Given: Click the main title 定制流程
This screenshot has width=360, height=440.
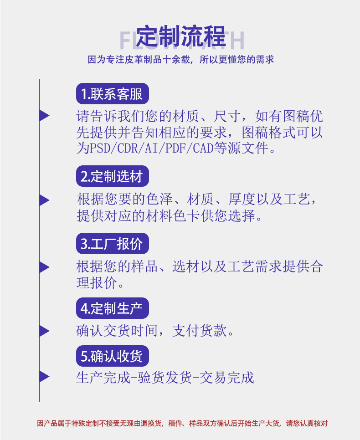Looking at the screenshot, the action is tap(180, 36).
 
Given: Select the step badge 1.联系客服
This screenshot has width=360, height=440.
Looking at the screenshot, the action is tap(112, 94).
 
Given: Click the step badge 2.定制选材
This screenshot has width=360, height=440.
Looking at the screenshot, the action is tap(112, 176).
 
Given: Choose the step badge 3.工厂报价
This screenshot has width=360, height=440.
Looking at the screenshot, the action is tap(112, 244).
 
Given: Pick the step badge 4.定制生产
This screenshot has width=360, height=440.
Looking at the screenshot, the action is tap(112, 308).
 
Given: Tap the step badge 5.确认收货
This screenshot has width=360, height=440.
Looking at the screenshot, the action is tap(112, 357).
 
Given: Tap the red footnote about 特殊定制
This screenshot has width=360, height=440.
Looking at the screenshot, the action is tap(182, 423).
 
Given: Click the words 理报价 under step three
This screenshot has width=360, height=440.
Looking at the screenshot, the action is tap(94, 282).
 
